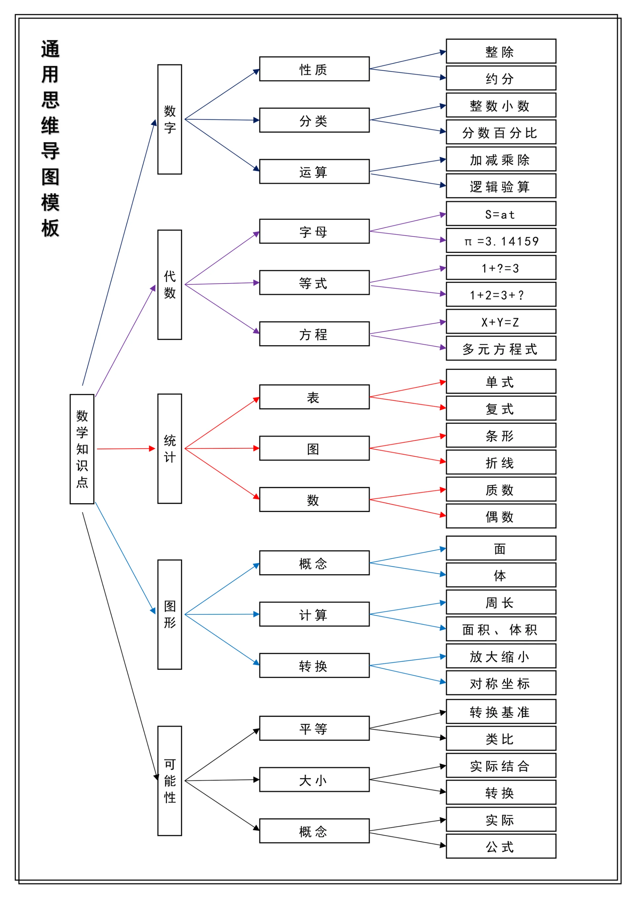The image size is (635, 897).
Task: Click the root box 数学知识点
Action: point(82,449)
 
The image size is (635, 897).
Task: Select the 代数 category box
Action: point(169,285)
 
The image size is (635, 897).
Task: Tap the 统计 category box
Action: point(169,448)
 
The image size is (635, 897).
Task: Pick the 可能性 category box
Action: point(169,781)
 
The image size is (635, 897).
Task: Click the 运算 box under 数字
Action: point(314,171)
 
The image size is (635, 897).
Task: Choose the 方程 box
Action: point(314,334)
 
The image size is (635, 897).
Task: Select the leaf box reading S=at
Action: point(500,214)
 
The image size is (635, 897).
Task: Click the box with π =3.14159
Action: point(500,241)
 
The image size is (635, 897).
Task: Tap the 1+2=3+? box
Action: point(500,294)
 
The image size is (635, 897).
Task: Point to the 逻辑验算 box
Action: point(500,186)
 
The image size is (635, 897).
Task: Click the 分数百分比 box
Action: point(500,132)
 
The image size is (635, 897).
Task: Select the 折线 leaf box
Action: point(500,462)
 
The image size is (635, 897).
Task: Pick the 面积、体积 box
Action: point(500,629)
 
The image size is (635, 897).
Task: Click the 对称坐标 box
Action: point(500,682)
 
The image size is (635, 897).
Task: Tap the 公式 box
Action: point(500,846)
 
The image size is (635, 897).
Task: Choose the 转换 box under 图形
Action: point(314,665)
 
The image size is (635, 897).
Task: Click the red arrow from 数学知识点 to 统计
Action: point(125,449)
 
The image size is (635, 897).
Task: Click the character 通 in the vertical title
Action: point(50,49)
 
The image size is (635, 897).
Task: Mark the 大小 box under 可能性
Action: point(314,780)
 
